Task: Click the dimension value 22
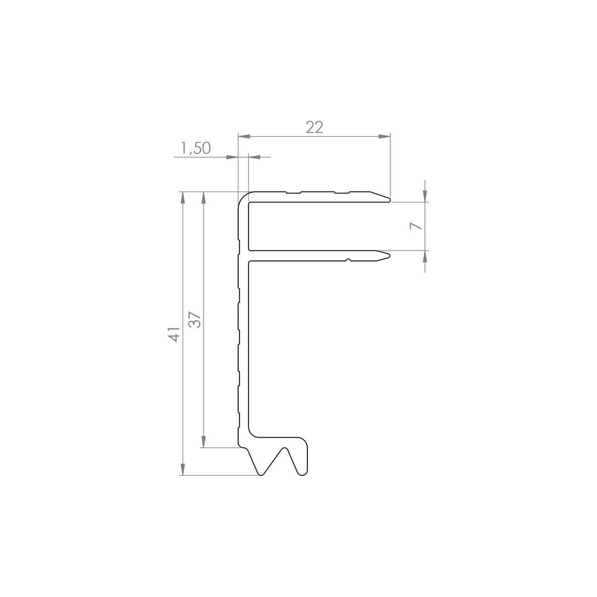point(314,127)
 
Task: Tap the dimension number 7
point(418,225)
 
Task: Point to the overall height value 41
point(174,334)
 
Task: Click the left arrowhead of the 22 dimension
point(242,137)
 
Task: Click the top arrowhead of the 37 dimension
point(204,196)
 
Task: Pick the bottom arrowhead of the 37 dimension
point(204,442)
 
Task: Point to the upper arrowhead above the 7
point(424,196)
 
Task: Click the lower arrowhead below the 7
point(424,256)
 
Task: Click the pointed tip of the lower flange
point(389,256)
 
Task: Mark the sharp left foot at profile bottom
point(260,474)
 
